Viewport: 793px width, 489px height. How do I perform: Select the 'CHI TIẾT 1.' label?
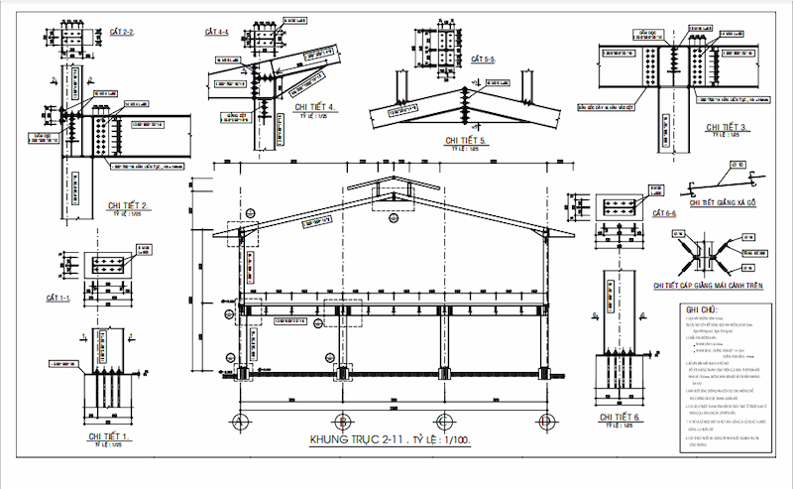[112, 436]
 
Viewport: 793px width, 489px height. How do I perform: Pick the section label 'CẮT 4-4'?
[217, 32]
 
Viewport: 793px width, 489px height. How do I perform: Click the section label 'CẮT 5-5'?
[485, 60]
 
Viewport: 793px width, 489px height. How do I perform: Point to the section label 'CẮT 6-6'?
[664, 212]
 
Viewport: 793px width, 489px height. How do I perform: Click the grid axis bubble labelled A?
[241, 421]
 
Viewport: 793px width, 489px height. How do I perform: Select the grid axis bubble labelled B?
[342, 421]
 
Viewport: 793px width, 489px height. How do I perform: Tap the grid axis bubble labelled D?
[544, 421]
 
